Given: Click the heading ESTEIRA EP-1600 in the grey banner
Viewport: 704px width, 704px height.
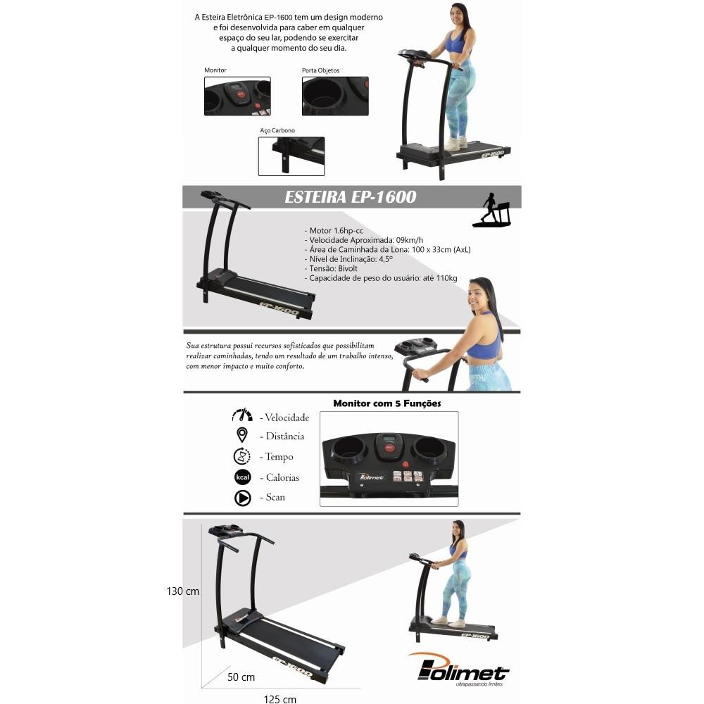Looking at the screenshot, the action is click(351, 196).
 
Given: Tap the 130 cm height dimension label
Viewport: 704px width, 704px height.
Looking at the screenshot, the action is click(183, 591).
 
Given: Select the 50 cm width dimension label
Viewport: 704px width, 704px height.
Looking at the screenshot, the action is click(241, 677).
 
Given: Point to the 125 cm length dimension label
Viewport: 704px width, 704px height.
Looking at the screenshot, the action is click(279, 699).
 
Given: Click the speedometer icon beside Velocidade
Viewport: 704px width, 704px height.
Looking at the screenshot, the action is click(242, 415).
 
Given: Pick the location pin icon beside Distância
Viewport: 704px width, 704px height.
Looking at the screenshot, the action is click(242, 435).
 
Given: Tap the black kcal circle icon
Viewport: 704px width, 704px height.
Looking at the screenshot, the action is click(243, 477).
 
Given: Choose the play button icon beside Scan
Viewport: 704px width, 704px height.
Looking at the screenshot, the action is click(243, 498).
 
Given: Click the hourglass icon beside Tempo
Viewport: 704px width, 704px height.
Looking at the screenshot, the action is click(242, 456).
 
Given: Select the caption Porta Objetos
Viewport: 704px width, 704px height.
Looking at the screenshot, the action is click(320, 70).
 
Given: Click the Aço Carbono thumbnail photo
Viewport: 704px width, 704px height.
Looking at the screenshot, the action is click(291, 156).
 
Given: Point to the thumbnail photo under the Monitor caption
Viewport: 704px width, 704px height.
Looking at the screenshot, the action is click(237, 96).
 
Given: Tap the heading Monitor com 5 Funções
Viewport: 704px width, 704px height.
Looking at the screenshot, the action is click(387, 403).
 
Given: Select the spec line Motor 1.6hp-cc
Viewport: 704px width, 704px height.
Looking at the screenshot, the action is click(334, 231).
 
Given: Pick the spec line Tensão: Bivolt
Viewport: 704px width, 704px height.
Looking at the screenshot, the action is click(331, 268).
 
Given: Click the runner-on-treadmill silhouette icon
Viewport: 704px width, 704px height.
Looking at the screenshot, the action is click(492, 210).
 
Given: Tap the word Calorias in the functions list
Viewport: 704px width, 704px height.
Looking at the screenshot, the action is click(282, 477).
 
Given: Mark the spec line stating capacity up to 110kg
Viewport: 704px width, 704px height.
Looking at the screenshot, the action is click(381, 278).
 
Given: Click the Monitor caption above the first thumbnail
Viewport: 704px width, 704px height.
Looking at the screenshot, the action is click(215, 70).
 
